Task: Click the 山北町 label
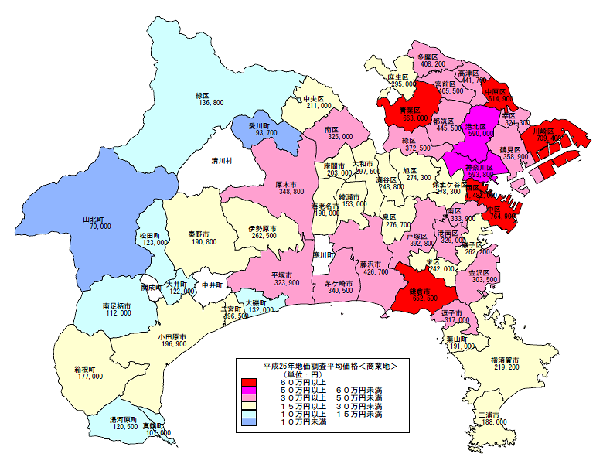(x=100, y=219)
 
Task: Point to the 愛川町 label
(x=257, y=125)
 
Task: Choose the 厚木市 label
(x=290, y=184)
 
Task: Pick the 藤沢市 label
(x=375, y=264)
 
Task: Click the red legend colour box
(x=248, y=382)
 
